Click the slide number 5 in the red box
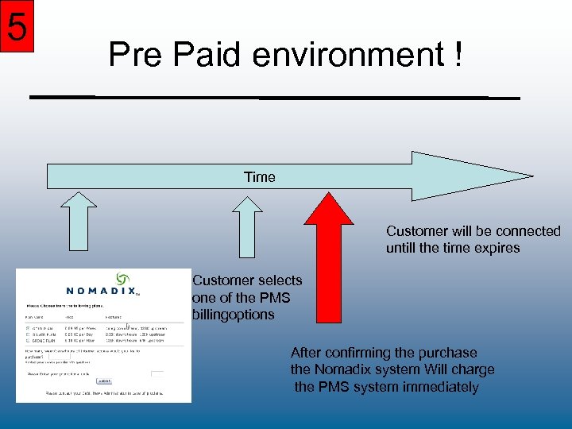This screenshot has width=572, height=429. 17,27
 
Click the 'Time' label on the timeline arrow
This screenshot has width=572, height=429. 260,177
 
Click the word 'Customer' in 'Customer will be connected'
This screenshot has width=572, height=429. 417,231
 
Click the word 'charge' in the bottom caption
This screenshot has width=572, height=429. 473,369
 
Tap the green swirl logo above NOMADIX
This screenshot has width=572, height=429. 123,279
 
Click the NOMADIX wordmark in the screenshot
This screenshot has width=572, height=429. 101,291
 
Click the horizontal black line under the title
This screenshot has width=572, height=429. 274,97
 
